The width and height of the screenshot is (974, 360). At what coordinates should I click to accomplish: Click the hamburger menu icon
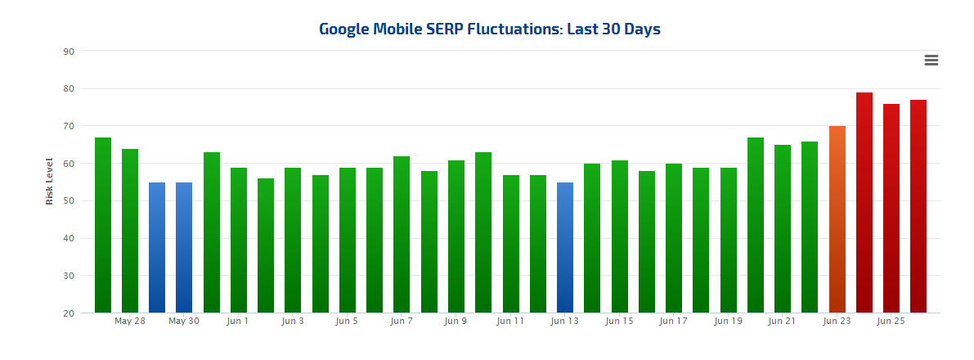pyautogui.click(x=931, y=60)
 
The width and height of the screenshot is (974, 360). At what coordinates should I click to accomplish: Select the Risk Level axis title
pyautogui.click(x=49, y=181)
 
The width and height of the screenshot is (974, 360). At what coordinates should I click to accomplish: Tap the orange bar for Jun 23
pyautogui.click(x=837, y=219)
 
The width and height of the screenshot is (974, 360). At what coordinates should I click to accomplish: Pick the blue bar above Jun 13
pyautogui.click(x=565, y=247)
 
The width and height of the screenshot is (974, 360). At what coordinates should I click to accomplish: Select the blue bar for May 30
pyautogui.click(x=184, y=247)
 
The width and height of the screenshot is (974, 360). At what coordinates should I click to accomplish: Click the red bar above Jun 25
pyautogui.click(x=891, y=208)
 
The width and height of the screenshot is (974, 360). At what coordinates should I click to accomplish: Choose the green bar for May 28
pyautogui.click(x=130, y=231)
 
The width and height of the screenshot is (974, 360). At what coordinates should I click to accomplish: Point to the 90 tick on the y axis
pyautogui.click(x=69, y=52)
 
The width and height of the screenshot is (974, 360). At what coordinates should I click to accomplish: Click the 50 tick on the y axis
pyautogui.click(x=69, y=201)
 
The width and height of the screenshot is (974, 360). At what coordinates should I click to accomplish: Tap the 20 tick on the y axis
pyautogui.click(x=69, y=313)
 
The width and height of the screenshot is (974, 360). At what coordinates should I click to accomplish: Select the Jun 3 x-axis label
pyautogui.click(x=293, y=322)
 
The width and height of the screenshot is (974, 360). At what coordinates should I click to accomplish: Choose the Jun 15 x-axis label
pyautogui.click(x=619, y=322)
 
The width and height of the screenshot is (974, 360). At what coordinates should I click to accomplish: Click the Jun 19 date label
pyautogui.click(x=728, y=322)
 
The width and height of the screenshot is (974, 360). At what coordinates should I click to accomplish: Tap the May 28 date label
pyautogui.click(x=130, y=322)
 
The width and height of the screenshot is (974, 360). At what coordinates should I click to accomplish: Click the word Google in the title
pyautogui.click(x=347, y=29)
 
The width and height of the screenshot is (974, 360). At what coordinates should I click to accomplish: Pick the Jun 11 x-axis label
pyautogui.click(x=510, y=322)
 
